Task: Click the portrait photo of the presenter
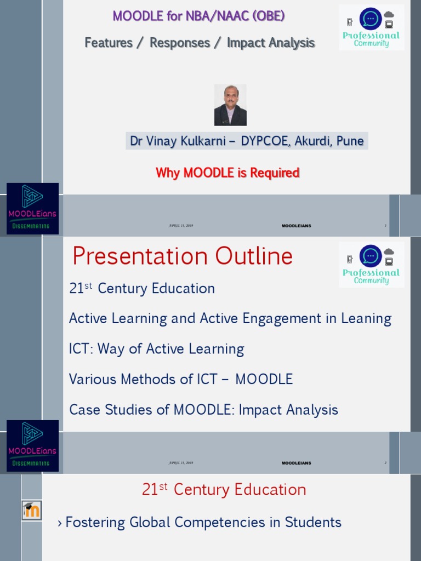pyautogui.click(x=230, y=105)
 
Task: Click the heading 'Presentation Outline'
pyautogui.click(x=183, y=256)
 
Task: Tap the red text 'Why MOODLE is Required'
pyautogui.click(x=227, y=173)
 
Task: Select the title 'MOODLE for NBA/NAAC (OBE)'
pyautogui.click(x=198, y=16)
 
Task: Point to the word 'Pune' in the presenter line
pyautogui.click(x=350, y=141)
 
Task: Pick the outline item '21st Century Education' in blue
pyautogui.click(x=142, y=289)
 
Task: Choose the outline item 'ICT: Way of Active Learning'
pyautogui.click(x=156, y=349)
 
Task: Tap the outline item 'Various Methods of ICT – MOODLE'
pyautogui.click(x=181, y=379)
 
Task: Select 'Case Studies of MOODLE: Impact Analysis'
pyautogui.click(x=203, y=409)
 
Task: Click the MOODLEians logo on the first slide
pyautogui.click(x=32, y=209)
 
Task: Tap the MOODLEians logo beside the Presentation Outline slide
pyautogui.click(x=32, y=446)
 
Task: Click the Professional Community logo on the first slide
pyautogui.click(x=371, y=27)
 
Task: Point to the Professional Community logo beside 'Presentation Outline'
pyautogui.click(x=371, y=265)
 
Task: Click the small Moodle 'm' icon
pyautogui.click(x=32, y=511)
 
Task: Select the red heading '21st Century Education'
pyautogui.click(x=224, y=489)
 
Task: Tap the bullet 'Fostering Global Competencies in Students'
pyautogui.click(x=203, y=523)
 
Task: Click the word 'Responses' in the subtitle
pyautogui.click(x=180, y=43)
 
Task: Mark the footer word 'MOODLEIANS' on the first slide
pyautogui.click(x=296, y=226)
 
